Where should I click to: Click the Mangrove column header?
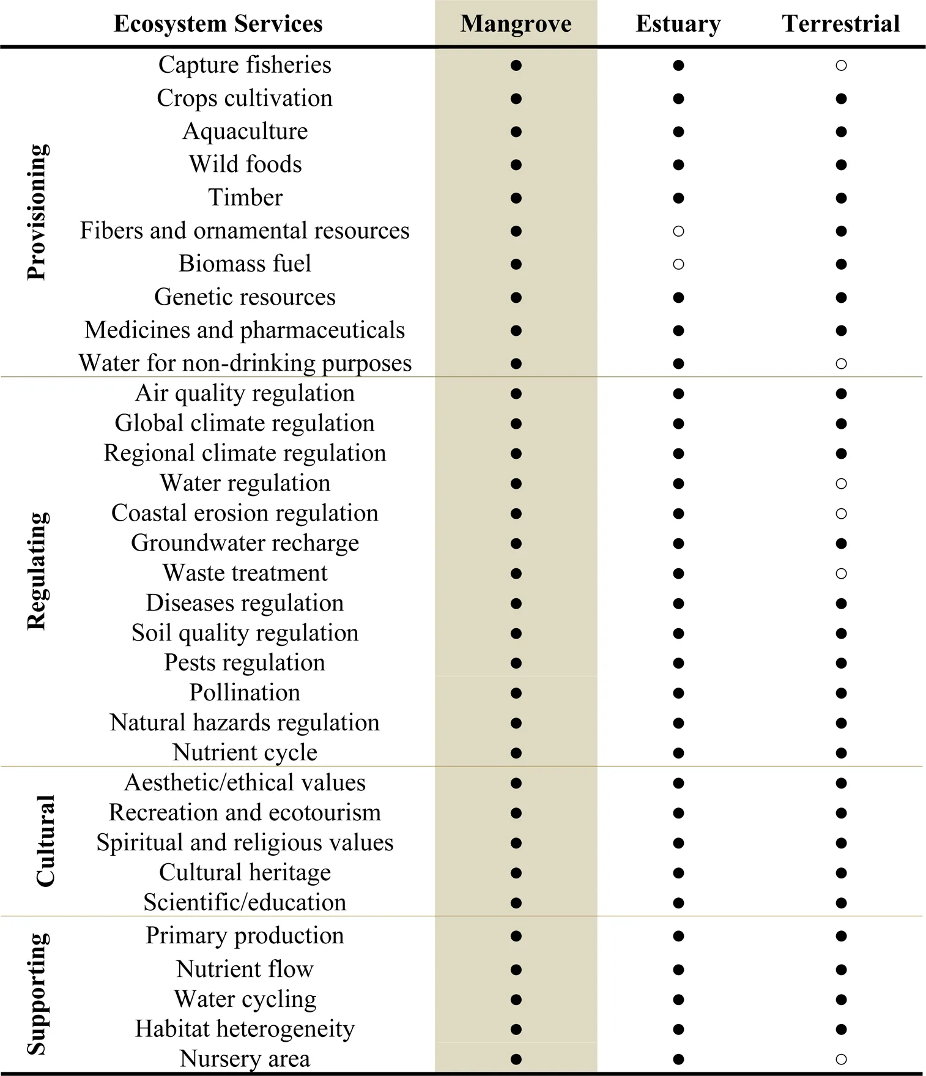tap(516, 24)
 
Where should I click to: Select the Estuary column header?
tap(678, 24)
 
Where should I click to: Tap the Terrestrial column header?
tap(841, 24)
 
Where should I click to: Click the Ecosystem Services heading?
tap(218, 24)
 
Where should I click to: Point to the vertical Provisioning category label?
tap(37, 212)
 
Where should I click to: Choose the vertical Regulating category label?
tap(37, 571)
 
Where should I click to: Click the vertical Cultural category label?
tap(45, 840)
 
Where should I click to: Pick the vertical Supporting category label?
tap(37, 994)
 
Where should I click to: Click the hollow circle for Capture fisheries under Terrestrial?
tap(841, 65)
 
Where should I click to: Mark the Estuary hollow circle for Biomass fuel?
tap(678, 264)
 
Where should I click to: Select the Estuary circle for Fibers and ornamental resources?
tap(678, 231)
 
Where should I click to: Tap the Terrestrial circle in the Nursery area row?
tap(841, 1059)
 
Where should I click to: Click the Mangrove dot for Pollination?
tap(516, 693)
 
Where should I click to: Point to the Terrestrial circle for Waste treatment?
tap(841, 573)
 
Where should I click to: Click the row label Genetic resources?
tap(245, 297)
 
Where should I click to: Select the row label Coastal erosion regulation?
tap(245, 513)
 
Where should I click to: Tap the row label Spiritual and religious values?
tap(245, 843)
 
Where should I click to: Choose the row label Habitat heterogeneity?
tap(245, 1029)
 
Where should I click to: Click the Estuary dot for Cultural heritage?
tap(678, 873)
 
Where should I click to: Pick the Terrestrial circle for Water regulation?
tap(841, 483)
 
